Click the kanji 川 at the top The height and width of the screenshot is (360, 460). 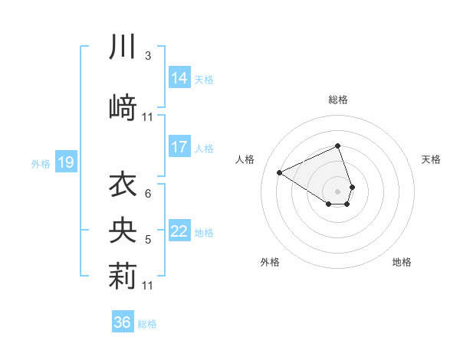click(x=123, y=48)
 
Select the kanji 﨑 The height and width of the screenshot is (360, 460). click(x=123, y=104)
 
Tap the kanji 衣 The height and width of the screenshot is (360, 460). click(x=123, y=184)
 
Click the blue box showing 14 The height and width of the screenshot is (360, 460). click(x=179, y=78)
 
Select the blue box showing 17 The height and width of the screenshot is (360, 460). click(x=179, y=147)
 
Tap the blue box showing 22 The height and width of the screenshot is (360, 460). click(x=179, y=231)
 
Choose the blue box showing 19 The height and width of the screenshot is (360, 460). click(x=65, y=162)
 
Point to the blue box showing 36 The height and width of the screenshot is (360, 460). click(x=123, y=322)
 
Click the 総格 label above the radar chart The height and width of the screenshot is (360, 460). click(x=337, y=100)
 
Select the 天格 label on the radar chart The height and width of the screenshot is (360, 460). click(x=431, y=159)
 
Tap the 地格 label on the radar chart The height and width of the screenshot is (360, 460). click(x=402, y=262)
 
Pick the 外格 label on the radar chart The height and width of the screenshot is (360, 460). click(x=270, y=262)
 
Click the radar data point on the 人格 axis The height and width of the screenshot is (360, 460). click(x=280, y=172)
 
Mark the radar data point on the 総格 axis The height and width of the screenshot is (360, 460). click(x=337, y=146)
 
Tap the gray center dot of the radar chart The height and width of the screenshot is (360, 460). click(x=337, y=190)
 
